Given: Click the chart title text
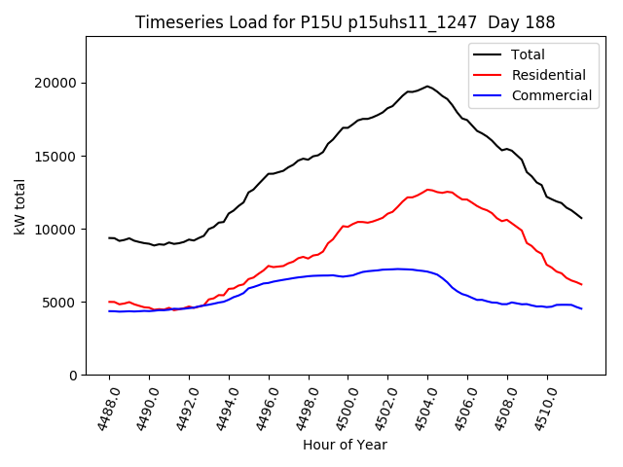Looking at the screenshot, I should click(345, 22).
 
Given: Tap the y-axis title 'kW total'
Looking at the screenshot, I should click(19, 205).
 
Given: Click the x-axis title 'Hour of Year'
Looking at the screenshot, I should click(345, 445).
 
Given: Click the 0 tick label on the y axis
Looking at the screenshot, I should click(73, 376).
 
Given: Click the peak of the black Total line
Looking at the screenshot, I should click(427, 86).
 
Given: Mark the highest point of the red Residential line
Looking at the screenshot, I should click(427, 190).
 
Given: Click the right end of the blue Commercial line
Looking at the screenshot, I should click(582, 308).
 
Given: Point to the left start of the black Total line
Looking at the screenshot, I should click(109, 237).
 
